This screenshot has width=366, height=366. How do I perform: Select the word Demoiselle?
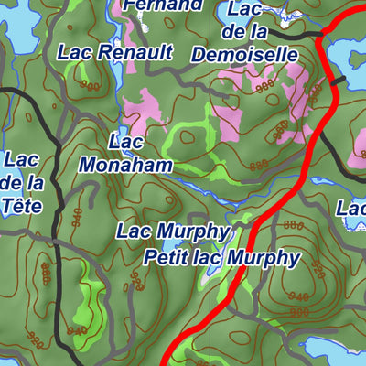(x=244, y=55)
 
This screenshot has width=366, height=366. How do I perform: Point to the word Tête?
(x=22, y=205)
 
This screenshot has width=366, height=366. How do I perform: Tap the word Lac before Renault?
(x=76, y=52)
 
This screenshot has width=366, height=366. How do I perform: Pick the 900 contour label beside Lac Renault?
(x=89, y=85)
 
